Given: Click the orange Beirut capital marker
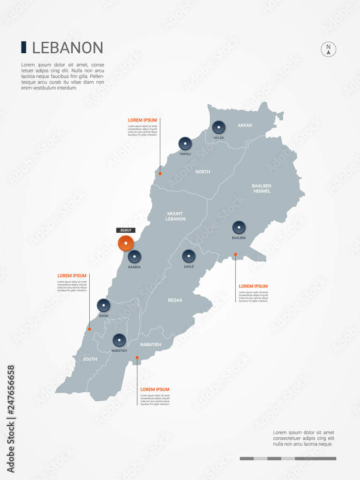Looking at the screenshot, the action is pos(126,243).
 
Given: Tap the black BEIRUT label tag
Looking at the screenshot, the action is pos(126,230).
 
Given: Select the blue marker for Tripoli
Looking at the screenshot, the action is pos(185,144).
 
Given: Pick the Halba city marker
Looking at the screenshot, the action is pos(219,127).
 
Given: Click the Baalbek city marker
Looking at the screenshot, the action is pos(239,228).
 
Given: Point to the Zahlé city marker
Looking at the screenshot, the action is pos(189,256).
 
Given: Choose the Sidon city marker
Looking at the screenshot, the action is pos(104,305).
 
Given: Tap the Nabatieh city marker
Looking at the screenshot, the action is pos(119,340).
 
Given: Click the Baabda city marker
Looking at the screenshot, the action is pos(134,257).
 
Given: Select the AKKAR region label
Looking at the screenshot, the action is pos(245,125).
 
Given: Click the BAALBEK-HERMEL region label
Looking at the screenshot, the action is pos(262,188).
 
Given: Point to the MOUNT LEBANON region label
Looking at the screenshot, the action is pos(175,216).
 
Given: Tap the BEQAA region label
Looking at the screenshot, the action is pos(175,300).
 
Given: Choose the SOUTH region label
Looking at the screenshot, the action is pos(90,359).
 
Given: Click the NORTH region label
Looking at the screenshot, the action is pos(203,171).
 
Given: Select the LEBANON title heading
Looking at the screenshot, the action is pos(68,48).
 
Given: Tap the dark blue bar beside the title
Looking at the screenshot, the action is pos(24,47).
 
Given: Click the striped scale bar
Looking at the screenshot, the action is pos(288,458).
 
